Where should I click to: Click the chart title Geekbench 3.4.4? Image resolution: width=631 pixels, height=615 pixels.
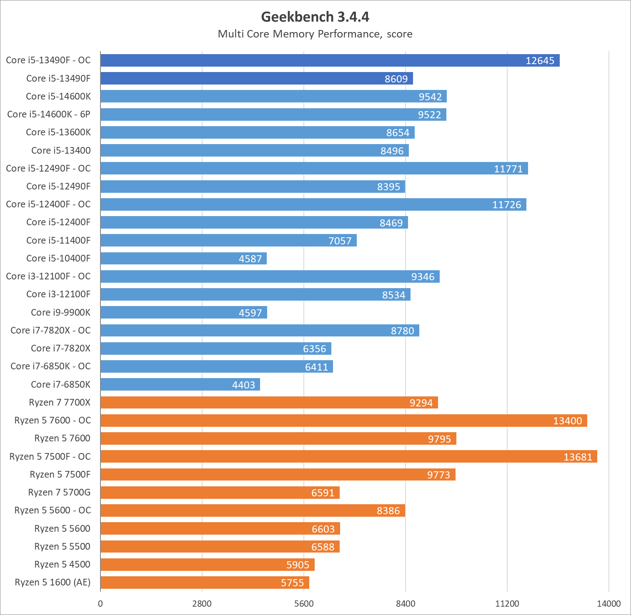coord(315,17)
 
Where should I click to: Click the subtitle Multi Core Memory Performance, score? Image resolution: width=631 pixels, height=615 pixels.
coord(315,34)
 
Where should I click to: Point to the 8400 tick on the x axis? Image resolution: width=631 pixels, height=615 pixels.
coord(406,604)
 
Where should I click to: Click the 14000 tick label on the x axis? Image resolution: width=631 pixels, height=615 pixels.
coord(608,604)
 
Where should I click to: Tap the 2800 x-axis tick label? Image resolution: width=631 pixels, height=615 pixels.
coord(202,604)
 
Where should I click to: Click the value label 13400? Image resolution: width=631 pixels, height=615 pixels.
coord(567,421)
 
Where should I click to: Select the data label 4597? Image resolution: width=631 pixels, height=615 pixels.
coord(250,313)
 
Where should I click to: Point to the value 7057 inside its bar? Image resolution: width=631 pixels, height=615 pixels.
coord(340,241)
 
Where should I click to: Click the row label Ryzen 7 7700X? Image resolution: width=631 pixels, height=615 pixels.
coord(60,403)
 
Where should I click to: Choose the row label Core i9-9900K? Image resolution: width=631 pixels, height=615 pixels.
coord(60,312)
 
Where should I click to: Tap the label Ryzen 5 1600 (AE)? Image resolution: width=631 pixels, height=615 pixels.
coord(53,582)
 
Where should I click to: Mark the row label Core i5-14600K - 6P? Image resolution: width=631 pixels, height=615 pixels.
coord(49,115)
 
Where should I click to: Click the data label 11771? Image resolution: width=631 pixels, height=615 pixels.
coord(508,169)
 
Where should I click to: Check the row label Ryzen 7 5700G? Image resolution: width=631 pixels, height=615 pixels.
coord(59,493)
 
